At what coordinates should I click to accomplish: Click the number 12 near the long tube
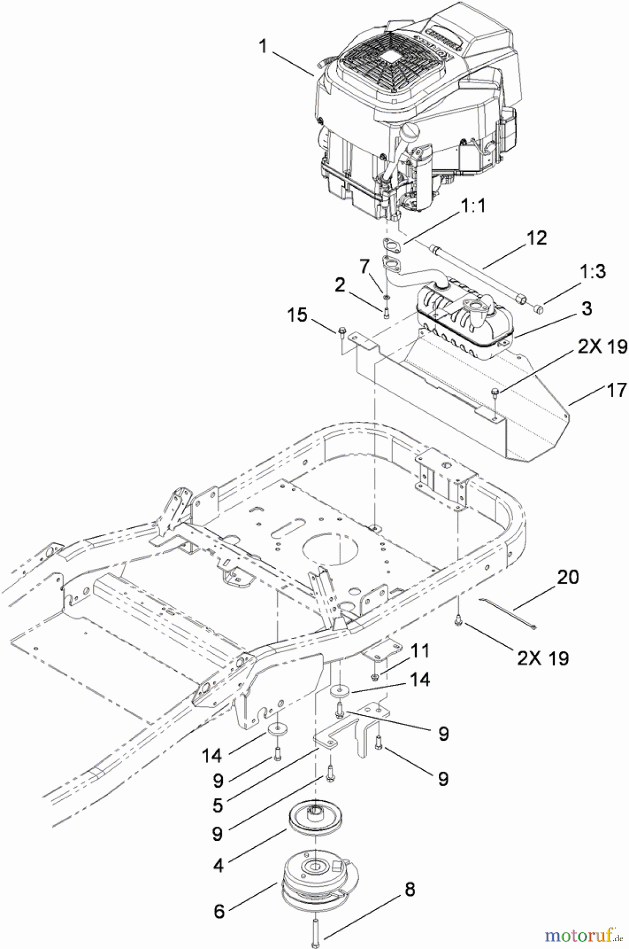coord(536,238)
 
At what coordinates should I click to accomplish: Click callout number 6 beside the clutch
coord(219,911)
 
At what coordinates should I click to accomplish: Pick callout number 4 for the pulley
coord(219,865)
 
